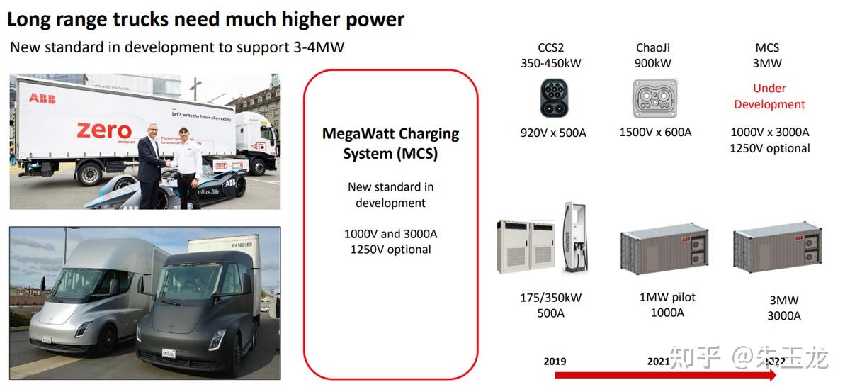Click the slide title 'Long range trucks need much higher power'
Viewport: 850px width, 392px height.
(205, 19)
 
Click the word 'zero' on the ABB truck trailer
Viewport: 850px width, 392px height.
(104, 131)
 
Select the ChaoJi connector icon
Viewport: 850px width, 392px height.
(655, 98)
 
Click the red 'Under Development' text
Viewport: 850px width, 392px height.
(769, 96)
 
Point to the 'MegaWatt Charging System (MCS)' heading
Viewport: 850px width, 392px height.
(390, 143)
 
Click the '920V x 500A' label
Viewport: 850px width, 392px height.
(552, 133)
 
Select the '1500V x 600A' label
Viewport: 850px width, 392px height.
(655, 133)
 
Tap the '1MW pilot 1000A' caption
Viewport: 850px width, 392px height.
(667, 305)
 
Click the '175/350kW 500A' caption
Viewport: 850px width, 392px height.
(550, 306)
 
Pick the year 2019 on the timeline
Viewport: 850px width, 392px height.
(555, 361)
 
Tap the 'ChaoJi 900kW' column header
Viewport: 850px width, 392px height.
(652, 55)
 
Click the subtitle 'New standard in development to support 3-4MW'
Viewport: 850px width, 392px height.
(177, 48)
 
